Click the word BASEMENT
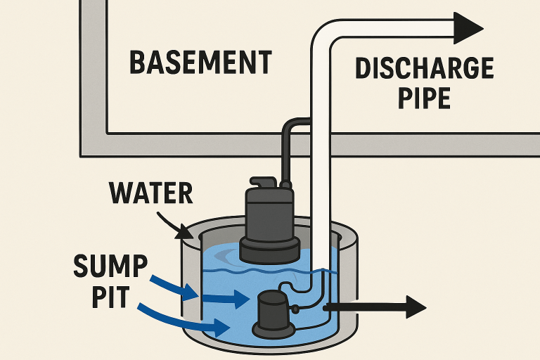point(200,63)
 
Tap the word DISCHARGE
point(424,68)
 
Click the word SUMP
point(110,268)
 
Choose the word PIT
point(110,297)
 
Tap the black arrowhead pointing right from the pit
point(416,307)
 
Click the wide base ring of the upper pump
point(269,247)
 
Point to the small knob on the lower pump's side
point(296,308)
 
